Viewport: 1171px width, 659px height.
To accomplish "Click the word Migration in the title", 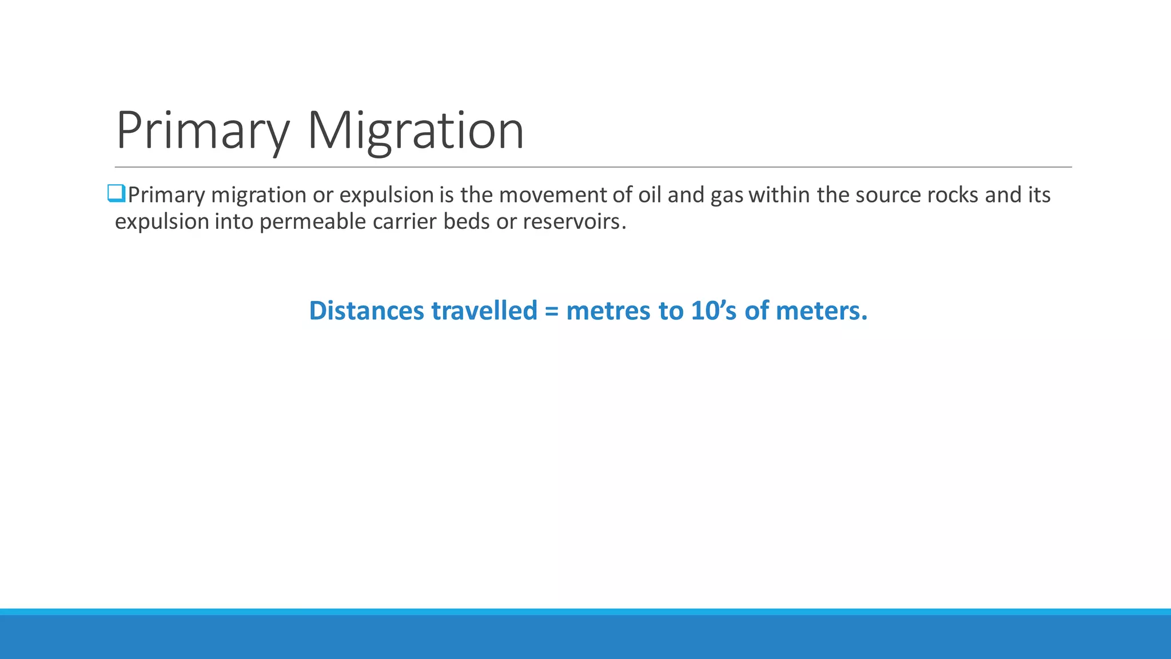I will pyautogui.click(x=416, y=132).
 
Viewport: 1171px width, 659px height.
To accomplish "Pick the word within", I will pyautogui.click(x=780, y=195).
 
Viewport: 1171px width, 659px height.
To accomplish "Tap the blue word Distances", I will pyautogui.click(x=367, y=311).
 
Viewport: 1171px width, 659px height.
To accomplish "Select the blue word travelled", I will pyautogui.click(x=484, y=311).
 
